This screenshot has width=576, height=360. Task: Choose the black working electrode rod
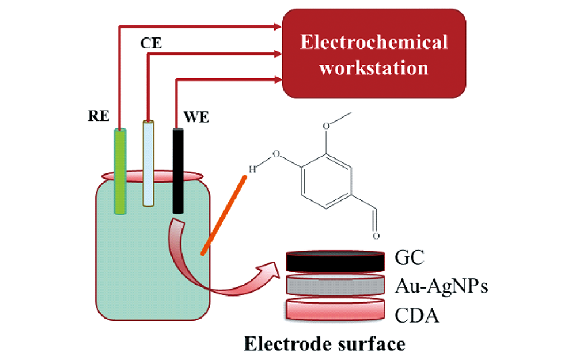pos(178,170)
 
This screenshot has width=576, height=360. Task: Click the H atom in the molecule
pos(252,169)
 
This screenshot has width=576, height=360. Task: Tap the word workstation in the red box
pos(374,67)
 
